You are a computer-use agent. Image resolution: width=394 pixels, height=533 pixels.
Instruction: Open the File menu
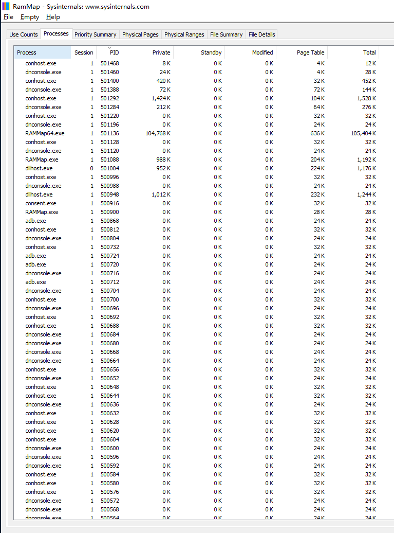coord(8,17)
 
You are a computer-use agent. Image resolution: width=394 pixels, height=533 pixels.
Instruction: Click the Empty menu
coord(30,17)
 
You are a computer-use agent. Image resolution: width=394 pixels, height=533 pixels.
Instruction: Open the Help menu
coord(53,17)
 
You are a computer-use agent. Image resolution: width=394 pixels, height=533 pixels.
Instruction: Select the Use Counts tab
coord(24,34)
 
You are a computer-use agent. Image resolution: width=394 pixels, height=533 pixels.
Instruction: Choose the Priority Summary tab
coord(95,34)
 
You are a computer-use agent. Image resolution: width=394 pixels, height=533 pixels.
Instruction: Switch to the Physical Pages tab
coord(140,34)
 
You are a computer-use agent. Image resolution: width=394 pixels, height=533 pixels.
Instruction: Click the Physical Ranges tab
coord(184,34)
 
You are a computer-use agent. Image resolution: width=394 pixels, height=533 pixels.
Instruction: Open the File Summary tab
coord(226,34)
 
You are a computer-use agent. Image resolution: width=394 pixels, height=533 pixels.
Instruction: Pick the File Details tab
coord(262,34)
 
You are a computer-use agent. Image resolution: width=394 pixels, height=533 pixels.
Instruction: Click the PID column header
coord(114,52)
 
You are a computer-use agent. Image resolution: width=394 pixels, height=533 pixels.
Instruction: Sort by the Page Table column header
coord(310,52)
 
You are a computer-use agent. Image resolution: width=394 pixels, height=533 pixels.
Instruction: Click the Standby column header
coord(211,52)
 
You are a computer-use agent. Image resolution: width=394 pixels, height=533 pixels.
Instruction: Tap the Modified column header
coord(262,52)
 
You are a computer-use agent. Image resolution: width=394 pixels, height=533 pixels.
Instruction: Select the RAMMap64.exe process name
coord(45,133)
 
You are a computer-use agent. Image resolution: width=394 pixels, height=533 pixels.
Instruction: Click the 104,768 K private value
coord(158,133)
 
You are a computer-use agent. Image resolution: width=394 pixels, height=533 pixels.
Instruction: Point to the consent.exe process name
coord(41,203)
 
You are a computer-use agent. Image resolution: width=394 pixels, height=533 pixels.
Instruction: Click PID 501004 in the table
coord(109,168)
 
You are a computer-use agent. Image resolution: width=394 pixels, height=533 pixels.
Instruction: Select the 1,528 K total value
coord(367,98)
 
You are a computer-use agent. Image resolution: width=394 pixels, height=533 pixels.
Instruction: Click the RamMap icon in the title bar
coord(6,6)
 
